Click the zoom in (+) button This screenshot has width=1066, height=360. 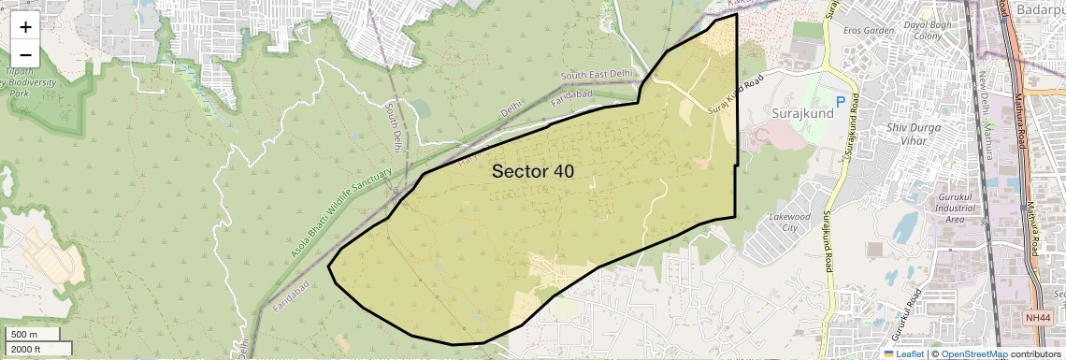[25, 27]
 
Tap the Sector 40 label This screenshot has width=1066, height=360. [532, 171]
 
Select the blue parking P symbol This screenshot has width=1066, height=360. [841, 101]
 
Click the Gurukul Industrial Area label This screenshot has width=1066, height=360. [943, 212]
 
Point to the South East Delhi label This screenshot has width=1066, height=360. [597, 75]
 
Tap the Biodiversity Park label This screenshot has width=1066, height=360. [27, 87]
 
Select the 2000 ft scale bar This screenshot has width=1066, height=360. [36, 349]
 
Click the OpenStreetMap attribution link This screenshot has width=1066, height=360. [973, 354]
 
